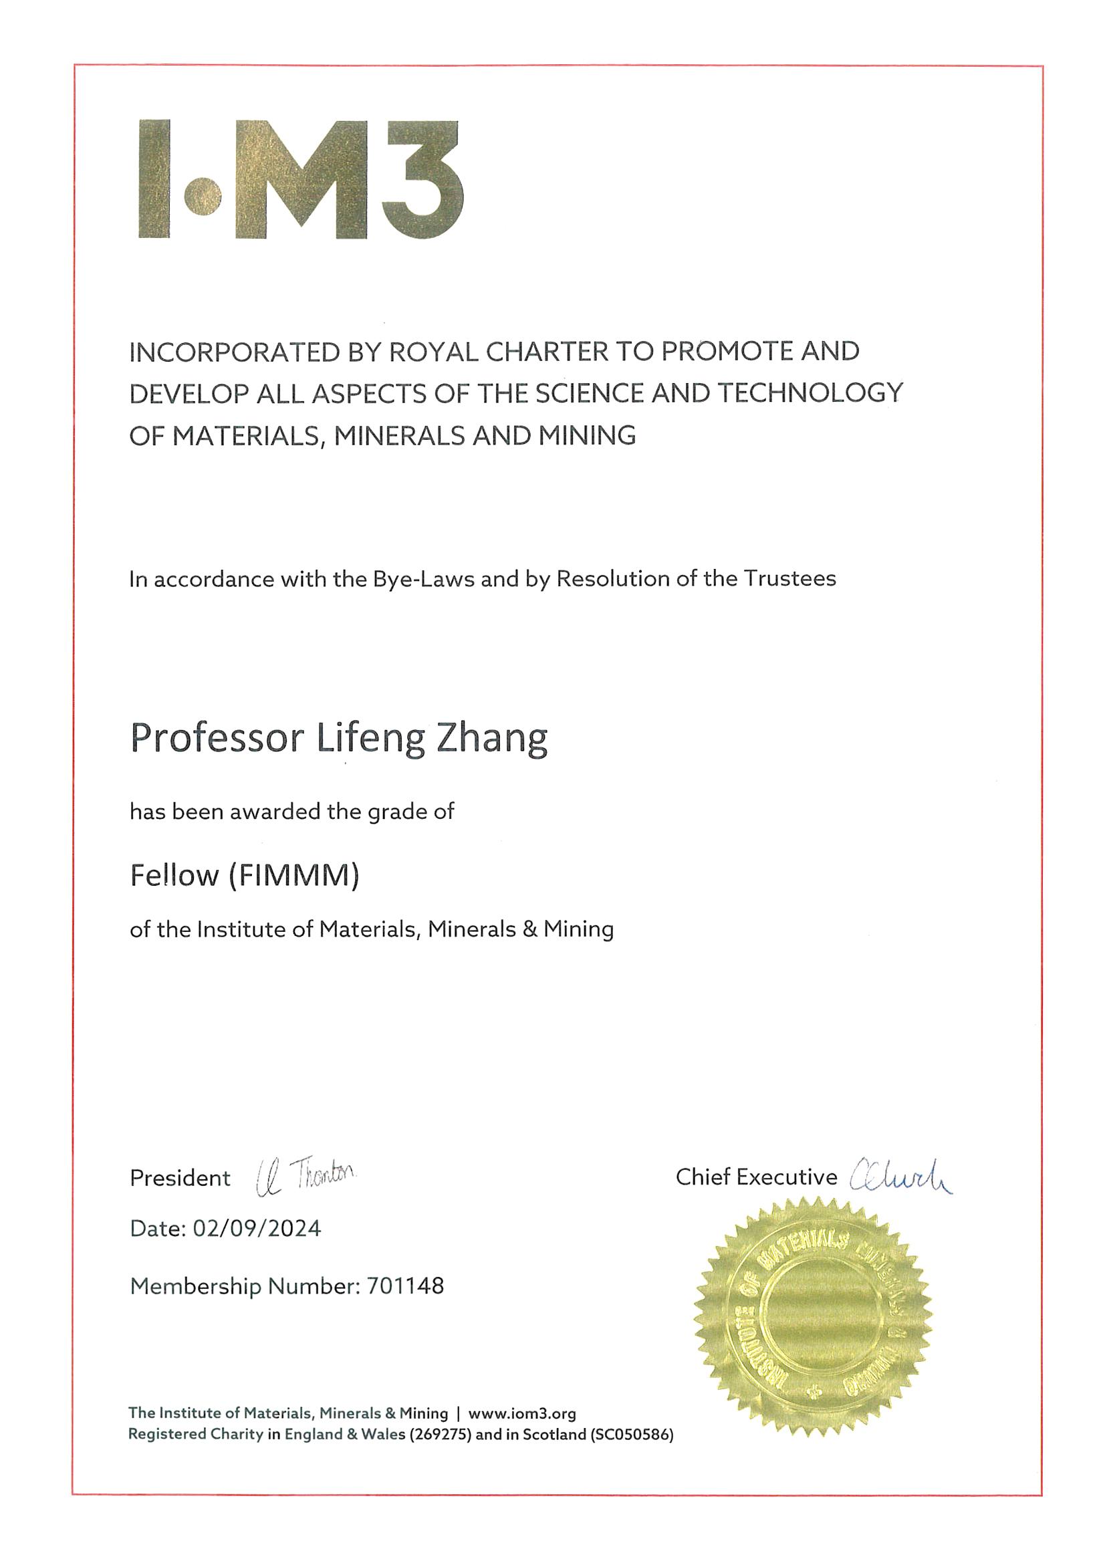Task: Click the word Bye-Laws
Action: coord(423,579)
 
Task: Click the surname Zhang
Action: coord(491,739)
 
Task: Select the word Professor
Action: coord(217,739)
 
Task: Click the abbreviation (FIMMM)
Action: coord(293,876)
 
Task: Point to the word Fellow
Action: coord(174,876)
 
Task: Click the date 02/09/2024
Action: coord(257,1228)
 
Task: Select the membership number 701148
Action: coord(405,1286)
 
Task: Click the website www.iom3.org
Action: coord(522,1414)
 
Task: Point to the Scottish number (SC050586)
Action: coord(632,1435)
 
